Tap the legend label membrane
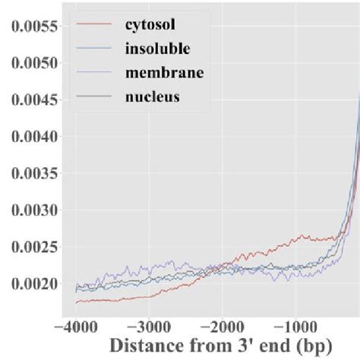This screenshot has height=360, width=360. click(x=160, y=73)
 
